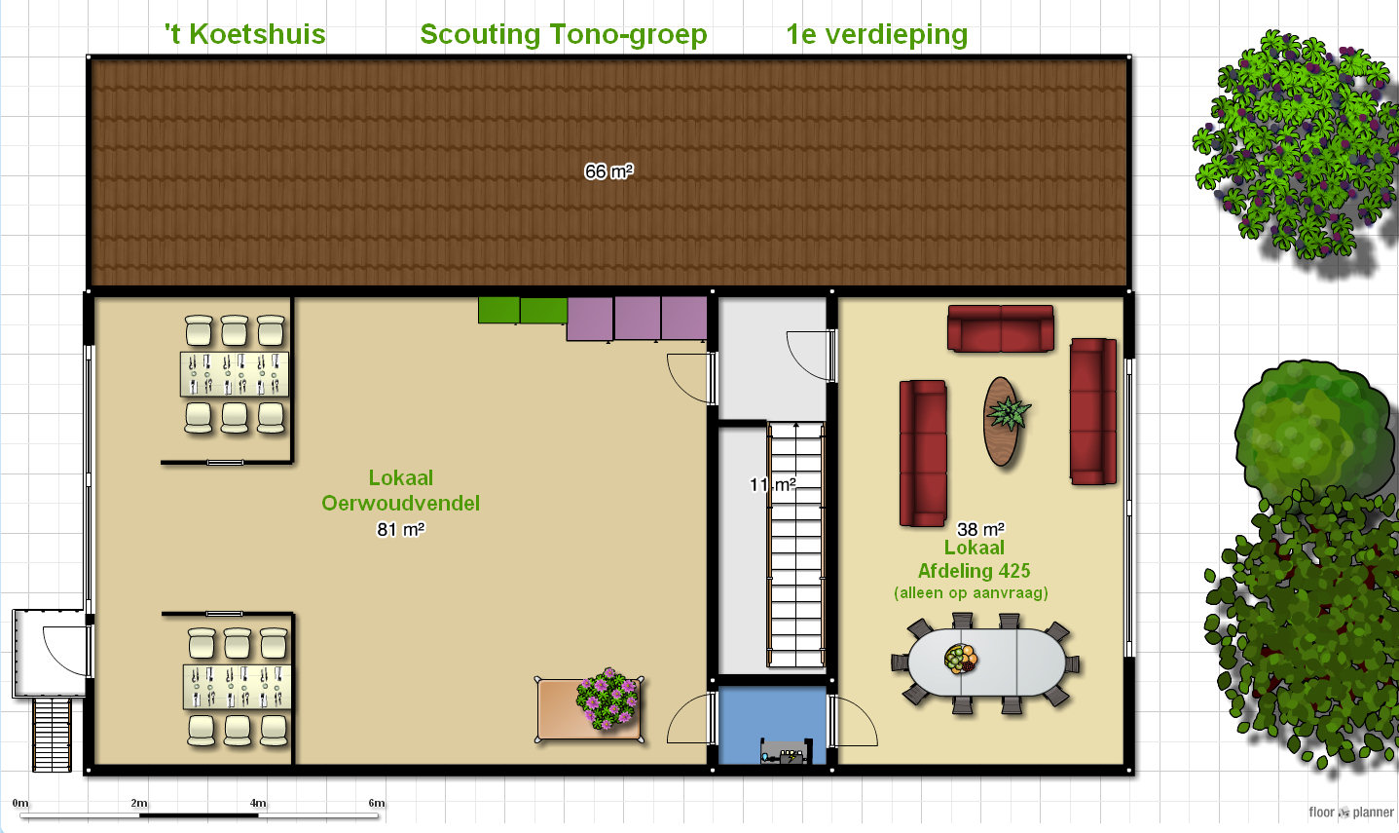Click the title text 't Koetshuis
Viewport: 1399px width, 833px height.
click(x=244, y=34)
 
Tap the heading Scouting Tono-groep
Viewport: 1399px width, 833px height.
click(x=564, y=34)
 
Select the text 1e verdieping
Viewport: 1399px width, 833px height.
click(x=877, y=34)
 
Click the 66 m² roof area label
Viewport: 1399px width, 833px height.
click(x=608, y=171)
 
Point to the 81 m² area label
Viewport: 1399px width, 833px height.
click(x=401, y=529)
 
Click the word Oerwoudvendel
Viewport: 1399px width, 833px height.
click(x=400, y=503)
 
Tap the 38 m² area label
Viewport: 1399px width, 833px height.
click(x=981, y=529)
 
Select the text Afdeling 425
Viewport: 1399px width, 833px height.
click(x=974, y=571)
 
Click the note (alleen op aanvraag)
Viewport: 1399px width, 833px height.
click(x=972, y=592)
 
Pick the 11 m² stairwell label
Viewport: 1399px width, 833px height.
click(x=773, y=484)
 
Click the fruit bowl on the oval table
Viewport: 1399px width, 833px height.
click(x=961, y=659)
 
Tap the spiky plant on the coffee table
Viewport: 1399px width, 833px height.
click(x=1008, y=412)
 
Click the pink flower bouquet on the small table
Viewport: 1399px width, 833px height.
click(x=607, y=699)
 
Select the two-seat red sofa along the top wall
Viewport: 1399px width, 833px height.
click(x=1001, y=328)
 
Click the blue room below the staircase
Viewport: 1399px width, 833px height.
click(x=773, y=725)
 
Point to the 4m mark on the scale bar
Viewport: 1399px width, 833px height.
click(x=258, y=803)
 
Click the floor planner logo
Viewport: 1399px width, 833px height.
click(x=1351, y=813)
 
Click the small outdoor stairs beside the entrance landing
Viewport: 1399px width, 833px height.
click(x=52, y=735)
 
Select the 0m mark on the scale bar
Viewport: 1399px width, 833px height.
click(x=20, y=803)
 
